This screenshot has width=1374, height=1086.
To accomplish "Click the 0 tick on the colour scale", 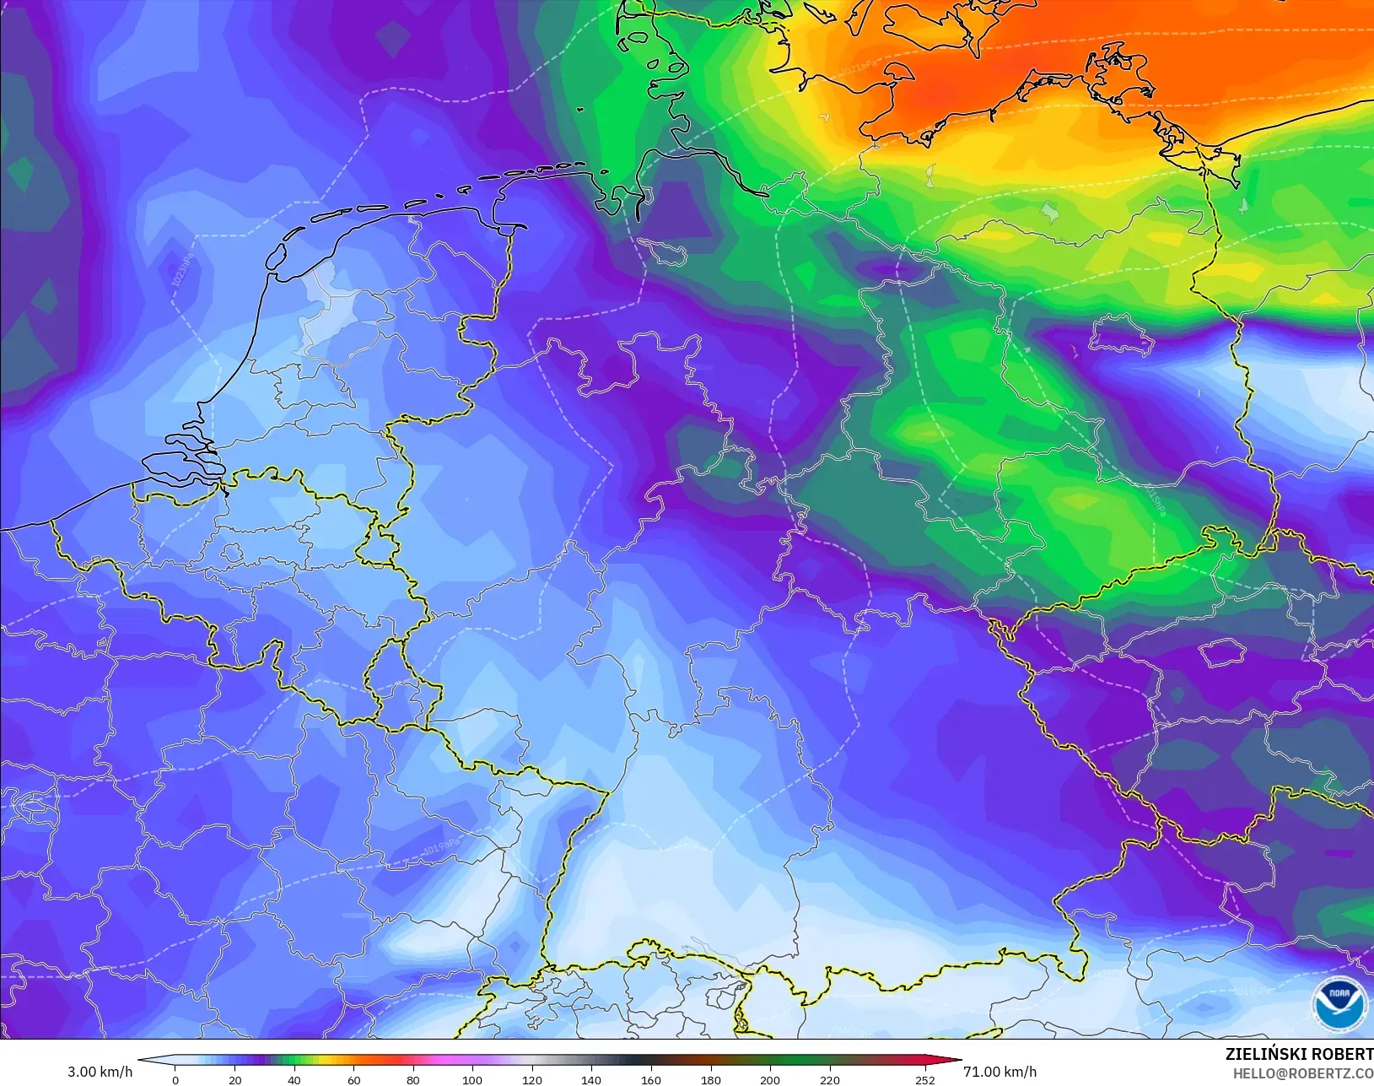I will pos(175,1079).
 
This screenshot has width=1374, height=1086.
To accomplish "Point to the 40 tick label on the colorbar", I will pos(294,1079).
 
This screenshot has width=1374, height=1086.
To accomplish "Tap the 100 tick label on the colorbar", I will pos(472,1079).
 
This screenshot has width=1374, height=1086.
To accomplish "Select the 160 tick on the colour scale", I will pos(650,1079).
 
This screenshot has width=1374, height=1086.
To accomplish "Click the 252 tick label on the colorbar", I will pos(925,1079).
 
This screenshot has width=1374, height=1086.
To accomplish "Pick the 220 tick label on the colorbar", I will pos(830,1079).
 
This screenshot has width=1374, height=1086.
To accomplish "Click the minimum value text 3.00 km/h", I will pos(100,1072).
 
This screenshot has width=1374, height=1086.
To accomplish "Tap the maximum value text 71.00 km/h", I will pos(1000,1072).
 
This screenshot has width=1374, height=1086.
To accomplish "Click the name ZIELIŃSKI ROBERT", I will pos(1299,1054).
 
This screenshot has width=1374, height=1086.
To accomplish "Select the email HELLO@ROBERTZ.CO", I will pos(1303,1073).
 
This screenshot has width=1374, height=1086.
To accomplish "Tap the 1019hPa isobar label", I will pos(442,846).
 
